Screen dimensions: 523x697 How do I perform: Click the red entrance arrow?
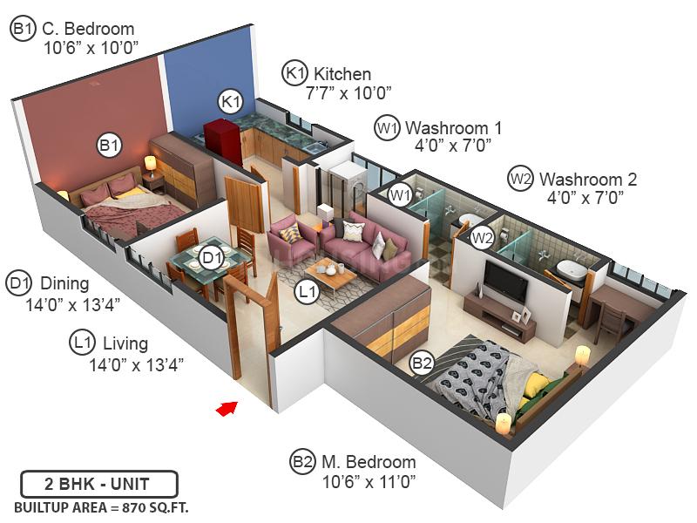click(x=227, y=407)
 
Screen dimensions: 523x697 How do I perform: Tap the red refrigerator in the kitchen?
click(x=220, y=139)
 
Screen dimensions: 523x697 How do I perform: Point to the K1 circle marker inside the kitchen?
click(x=230, y=101)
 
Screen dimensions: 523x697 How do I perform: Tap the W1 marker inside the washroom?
click(x=400, y=194)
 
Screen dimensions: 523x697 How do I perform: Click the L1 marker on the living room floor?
click(x=306, y=294)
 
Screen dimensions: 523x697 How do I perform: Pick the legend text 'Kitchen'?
click(x=342, y=74)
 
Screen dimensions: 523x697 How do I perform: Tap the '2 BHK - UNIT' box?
click(x=99, y=484)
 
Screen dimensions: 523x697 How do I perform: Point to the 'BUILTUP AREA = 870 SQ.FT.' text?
click(x=101, y=506)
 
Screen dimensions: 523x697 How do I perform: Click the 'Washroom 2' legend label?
click(x=588, y=180)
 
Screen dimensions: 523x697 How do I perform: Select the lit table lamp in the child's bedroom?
click(x=151, y=163)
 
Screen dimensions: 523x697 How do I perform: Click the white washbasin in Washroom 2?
click(x=572, y=270)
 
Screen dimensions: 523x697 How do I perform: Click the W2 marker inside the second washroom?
click(x=482, y=236)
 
